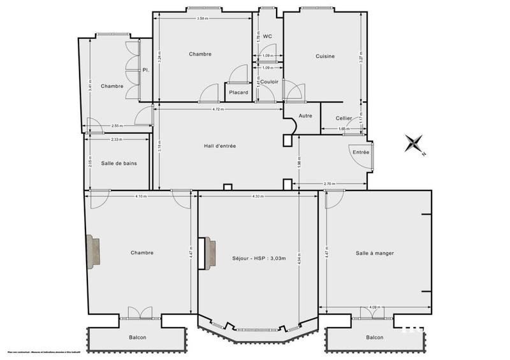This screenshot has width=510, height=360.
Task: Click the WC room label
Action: pos(268,36)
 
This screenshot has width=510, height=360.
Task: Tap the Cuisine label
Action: pos(325,57)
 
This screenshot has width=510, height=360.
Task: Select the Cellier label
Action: pos(344,119)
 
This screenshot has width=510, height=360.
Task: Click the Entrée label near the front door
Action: pos(361,152)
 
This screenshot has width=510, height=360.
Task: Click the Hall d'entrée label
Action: pos(220,146)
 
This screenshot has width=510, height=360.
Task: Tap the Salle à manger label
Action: pos(375,253)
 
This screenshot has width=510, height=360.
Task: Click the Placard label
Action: pos(238,92)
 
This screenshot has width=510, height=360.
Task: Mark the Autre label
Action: pos(305,116)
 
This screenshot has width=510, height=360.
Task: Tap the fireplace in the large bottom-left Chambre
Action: pos(93,250)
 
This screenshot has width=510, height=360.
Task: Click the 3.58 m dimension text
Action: pos(204,18)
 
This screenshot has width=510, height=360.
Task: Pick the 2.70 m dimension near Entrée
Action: pos(330,184)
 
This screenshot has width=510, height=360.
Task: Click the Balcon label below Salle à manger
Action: pos(375,337)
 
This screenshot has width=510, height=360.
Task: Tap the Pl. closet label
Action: pos(146,70)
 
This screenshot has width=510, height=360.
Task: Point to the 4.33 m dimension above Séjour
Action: pos(258,196)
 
